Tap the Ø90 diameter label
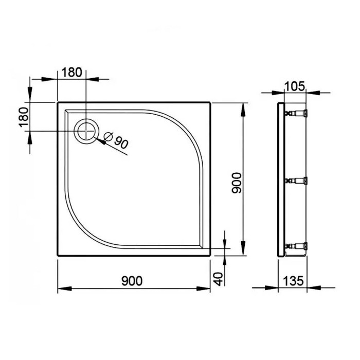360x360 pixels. [115, 139]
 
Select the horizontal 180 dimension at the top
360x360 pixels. [71, 72]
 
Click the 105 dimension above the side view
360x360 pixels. [295, 85]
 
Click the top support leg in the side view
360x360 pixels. [297, 112]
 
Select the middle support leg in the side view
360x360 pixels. [297, 181]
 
